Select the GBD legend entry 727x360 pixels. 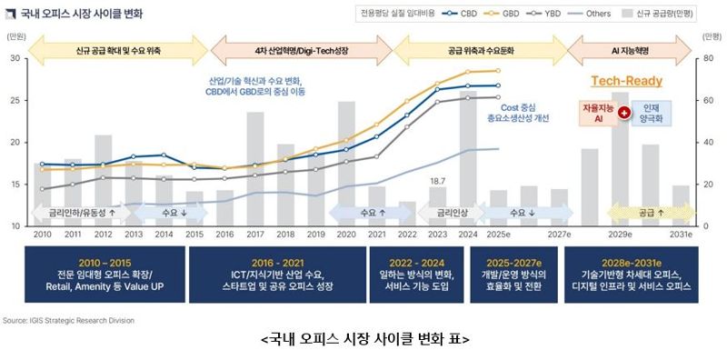(511, 15)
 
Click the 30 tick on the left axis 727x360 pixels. (15, 58)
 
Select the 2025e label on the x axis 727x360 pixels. (498, 235)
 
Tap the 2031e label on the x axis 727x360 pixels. (682, 235)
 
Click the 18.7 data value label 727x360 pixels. (437, 181)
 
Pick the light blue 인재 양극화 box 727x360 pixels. (652, 114)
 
